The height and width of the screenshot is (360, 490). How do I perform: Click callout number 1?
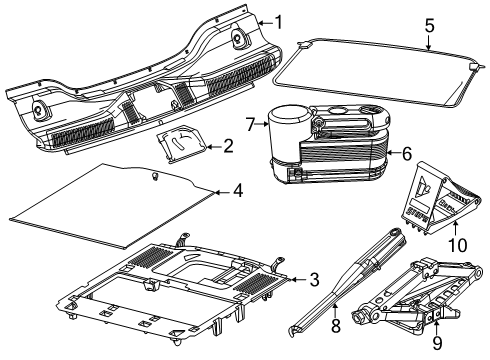[280, 21]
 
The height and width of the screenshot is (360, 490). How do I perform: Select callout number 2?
[228, 147]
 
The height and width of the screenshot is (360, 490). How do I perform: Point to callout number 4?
[237, 189]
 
